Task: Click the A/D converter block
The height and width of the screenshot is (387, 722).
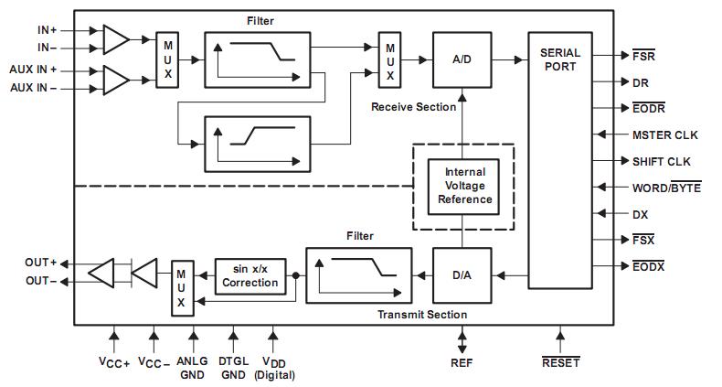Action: (x=461, y=59)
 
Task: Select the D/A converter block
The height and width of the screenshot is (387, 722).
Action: (x=461, y=274)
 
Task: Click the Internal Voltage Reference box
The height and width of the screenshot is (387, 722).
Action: (x=465, y=186)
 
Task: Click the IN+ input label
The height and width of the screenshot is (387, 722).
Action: (x=47, y=30)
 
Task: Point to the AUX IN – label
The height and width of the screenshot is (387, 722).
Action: (x=34, y=88)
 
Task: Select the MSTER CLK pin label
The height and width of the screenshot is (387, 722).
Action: (x=664, y=134)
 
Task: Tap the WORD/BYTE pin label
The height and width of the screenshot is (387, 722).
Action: (x=666, y=188)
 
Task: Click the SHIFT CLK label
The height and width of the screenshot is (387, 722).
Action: (x=661, y=161)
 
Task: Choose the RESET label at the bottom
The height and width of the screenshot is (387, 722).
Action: (x=560, y=362)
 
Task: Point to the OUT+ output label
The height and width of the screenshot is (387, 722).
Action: (x=41, y=263)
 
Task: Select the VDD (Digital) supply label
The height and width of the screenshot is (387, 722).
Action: (x=272, y=368)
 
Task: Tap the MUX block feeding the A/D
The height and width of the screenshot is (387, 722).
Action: (x=390, y=60)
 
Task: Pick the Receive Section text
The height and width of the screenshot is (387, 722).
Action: (x=413, y=107)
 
